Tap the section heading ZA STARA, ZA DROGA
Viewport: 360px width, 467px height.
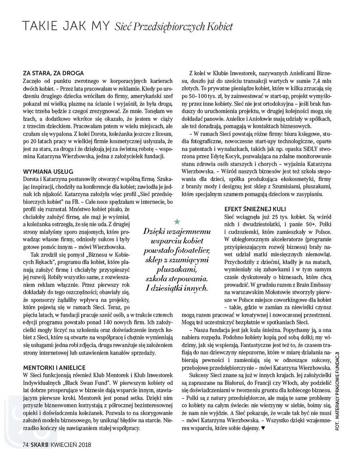pyautogui.click(x=53, y=73)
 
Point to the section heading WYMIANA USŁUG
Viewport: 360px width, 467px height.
pyautogui.click(x=48, y=171)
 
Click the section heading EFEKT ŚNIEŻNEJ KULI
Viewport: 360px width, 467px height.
pyautogui.click(x=255, y=209)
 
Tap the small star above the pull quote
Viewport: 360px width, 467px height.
pyautogui.click(x=177, y=222)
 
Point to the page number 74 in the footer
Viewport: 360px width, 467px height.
pyautogui.click(x=25, y=444)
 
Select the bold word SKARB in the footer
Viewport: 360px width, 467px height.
pyautogui.click(x=39, y=444)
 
